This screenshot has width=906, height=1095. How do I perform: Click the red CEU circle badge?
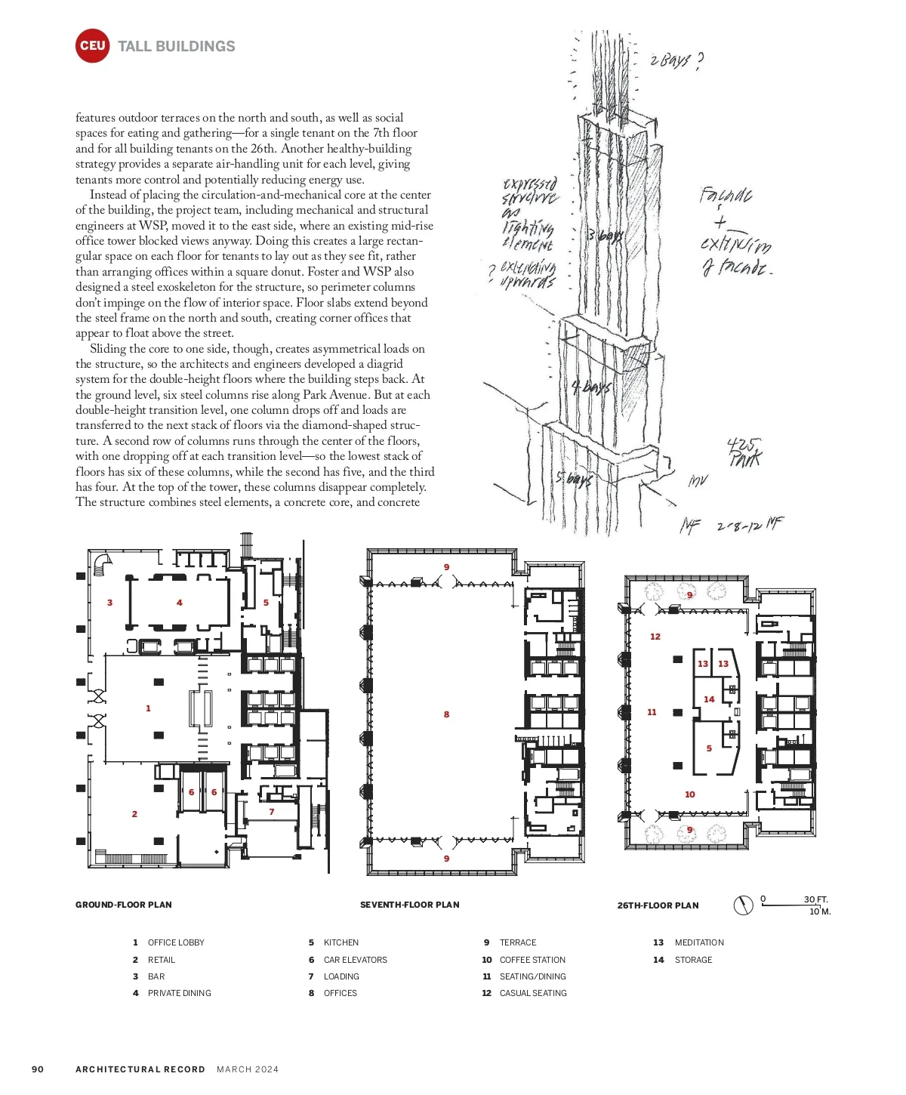[92, 46]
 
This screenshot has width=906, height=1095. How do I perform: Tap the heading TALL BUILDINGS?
[177, 46]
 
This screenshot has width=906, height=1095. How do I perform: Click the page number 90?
[38, 1069]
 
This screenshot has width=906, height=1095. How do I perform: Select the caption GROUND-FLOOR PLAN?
[124, 905]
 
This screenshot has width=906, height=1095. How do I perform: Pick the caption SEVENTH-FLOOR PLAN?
[409, 905]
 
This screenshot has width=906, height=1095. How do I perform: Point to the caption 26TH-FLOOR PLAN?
[658, 905]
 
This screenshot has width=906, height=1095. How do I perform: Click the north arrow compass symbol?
[744, 905]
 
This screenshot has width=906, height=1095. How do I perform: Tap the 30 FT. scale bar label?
[815, 899]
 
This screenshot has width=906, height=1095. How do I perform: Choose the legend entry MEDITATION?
[699, 942]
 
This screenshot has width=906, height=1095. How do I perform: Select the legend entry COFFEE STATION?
[532, 960]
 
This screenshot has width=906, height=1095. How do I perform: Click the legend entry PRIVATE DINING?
[180, 993]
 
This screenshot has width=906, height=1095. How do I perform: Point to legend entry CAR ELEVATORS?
[355, 960]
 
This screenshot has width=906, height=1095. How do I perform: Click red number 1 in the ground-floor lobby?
[148, 708]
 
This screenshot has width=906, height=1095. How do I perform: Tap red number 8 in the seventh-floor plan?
[446, 714]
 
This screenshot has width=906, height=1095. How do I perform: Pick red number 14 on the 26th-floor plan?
[709, 699]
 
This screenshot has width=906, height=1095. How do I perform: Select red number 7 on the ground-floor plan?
[272, 812]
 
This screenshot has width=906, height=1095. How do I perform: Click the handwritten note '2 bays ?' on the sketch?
[676, 60]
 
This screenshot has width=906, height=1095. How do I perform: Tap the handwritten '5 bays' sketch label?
[574, 480]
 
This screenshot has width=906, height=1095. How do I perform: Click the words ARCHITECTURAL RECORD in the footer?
[140, 1069]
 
